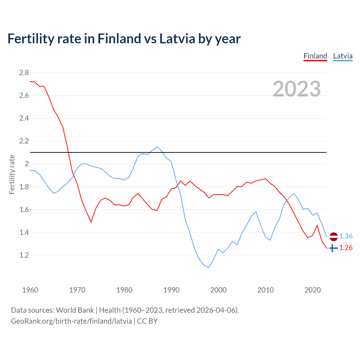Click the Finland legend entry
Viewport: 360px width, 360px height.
coord(315,56)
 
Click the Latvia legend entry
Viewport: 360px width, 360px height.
coord(343,56)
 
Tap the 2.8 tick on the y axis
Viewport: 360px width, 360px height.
coord(24,73)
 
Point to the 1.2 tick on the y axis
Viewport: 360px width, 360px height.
coord(24,255)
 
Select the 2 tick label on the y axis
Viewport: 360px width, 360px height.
coord(27,164)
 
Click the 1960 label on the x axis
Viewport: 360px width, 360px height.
coord(30,290)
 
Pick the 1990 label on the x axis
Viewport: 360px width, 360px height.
coord(171,290)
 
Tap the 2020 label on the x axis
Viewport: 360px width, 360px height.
coord(312,290)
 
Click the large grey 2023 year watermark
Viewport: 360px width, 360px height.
coord(297,89)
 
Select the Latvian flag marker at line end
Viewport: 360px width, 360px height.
coord(333,237)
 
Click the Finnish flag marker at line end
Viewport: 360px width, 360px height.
coord(333,248)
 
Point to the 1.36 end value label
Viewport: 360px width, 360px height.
coord(346,236)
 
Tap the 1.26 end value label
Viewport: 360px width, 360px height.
coord(346,248)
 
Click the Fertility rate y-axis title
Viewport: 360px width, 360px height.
coord(12,174)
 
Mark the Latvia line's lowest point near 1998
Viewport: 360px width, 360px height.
coord(209,267)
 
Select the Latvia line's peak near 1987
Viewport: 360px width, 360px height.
coord(157,147)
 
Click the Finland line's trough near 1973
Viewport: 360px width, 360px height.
coord(91,222)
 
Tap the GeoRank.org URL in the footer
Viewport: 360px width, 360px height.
coord(71,321)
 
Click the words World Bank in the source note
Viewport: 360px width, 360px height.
coord(75,310)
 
